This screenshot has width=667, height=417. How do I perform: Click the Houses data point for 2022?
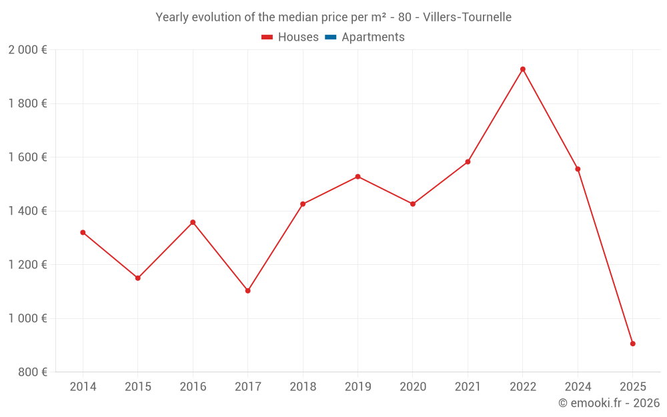click(x=523, y=69)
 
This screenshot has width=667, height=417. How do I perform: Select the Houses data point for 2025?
click(x=632, y=344)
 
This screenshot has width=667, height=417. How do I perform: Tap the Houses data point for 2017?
click(x=247, y=291)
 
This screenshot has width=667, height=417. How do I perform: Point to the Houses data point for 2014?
click(x=83, y=232)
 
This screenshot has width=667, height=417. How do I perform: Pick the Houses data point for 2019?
click(x=358, y=177)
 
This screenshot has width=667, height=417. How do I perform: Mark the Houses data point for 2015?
click(x=138, y=278)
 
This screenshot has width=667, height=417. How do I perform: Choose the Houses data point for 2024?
click(x=578, y=169)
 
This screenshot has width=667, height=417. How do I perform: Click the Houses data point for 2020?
click(x=413, y=204)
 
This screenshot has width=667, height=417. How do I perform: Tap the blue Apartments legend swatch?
click(x=330, y=37)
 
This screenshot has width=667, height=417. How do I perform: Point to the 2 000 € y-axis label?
click(x=27, y=50)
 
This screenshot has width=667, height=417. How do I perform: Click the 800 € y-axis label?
click(x=33, y=372)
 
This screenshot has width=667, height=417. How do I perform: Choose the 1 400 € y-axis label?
click(x=27, y=211)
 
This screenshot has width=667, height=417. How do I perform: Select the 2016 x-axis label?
click(x=193, y=387)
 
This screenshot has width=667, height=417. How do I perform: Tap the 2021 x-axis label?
click(x=468, y=387)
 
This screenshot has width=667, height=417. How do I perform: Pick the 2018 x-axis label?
click(x=303, y=387)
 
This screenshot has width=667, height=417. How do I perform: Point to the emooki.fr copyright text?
click(x=608, y=403)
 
